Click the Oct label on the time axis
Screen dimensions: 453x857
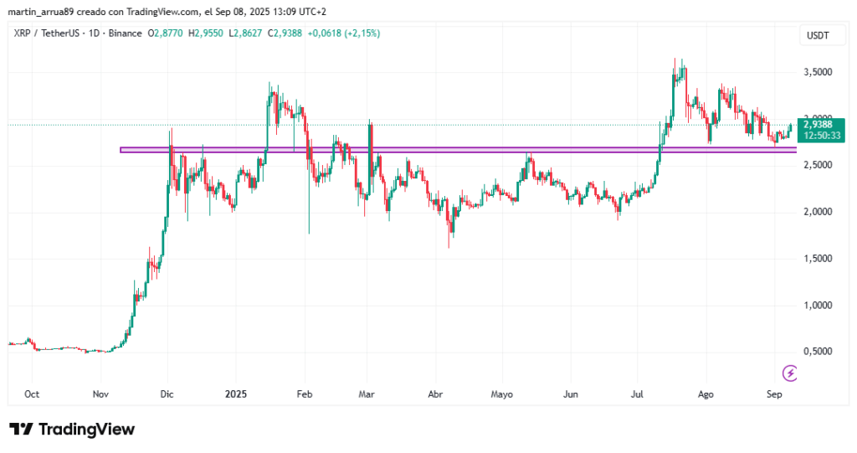point(33,394)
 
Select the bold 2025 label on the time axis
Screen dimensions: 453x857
point(236,394)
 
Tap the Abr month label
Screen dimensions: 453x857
point(435,394)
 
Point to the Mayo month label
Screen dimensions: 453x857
point(501,394)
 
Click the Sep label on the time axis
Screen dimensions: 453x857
point(774,394)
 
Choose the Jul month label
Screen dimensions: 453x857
point(638,394)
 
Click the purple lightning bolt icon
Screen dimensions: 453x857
point(788,373)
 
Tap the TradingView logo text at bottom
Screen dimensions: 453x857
point(73,430)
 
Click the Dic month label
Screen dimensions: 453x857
point(167,394)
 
